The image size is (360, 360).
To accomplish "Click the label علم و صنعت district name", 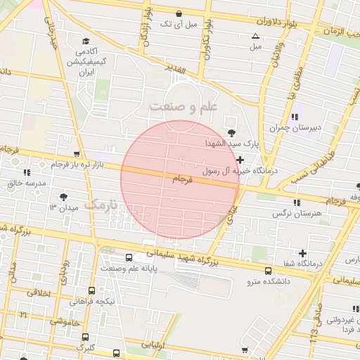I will click(182, 106).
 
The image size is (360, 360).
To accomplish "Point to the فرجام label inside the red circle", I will click(182, 180).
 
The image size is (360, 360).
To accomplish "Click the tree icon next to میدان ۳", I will click(65, 197).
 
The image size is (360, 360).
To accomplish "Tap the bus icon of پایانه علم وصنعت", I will click(129, 258).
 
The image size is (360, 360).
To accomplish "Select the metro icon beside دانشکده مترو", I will click(267, 271).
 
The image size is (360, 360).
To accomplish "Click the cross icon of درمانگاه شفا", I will click(302, 253).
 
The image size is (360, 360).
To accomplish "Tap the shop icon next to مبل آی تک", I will click(179, 13).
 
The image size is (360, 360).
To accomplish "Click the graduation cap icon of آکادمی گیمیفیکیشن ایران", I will click(86, 41).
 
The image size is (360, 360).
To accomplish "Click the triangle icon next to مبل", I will click(255, 36).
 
